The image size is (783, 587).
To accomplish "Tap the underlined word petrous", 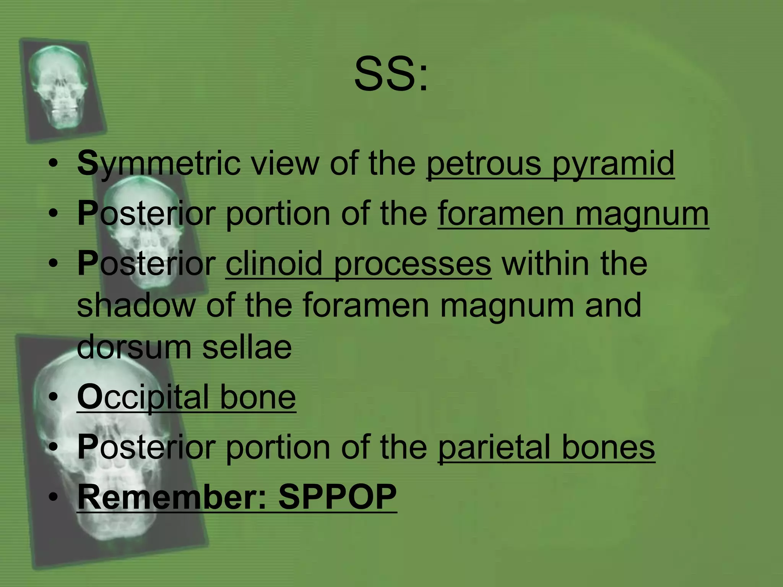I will [484, 164].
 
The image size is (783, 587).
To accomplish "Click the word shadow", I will [136, 305].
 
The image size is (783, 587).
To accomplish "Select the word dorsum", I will [133, 347].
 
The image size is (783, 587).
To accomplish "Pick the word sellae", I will [247, 347].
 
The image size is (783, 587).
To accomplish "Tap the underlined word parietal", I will [494, 448].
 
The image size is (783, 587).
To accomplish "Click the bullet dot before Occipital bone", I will [53, 398].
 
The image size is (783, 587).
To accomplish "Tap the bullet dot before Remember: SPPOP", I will [53, 497].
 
